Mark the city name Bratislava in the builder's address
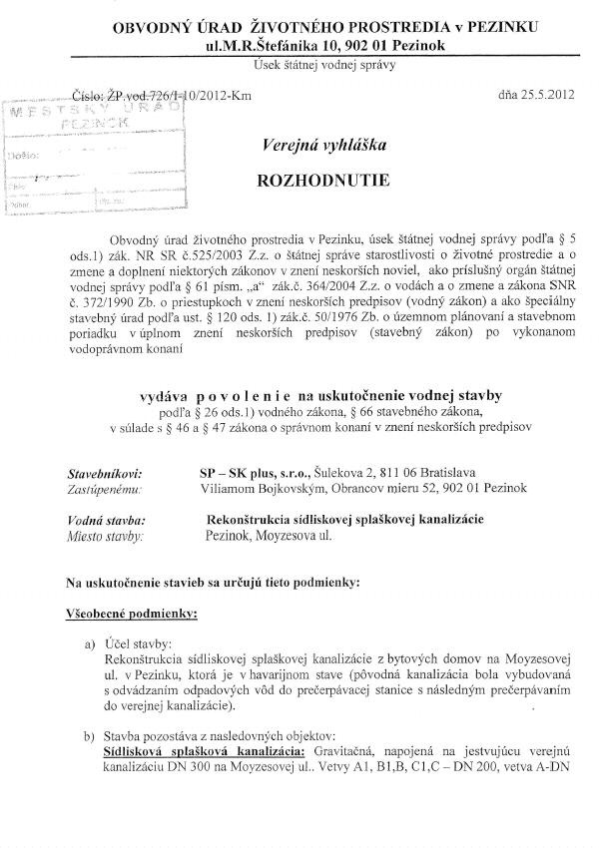click(x=447, y=472)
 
